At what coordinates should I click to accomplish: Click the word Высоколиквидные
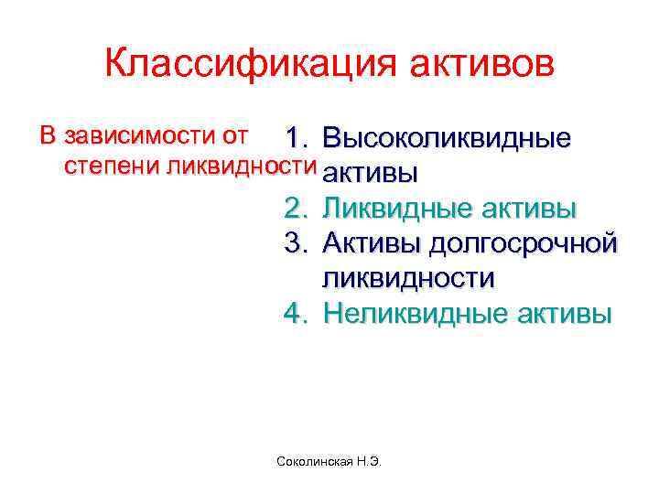448,139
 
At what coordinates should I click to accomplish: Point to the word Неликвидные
405,314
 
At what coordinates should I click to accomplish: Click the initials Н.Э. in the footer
366,464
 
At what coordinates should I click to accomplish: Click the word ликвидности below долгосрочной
407,278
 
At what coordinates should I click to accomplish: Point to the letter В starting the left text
48,137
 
